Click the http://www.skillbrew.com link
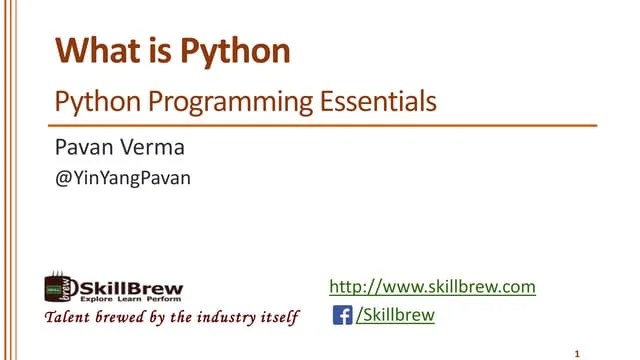(432, 287)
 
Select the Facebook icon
(342, 316)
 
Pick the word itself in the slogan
(278, 318)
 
